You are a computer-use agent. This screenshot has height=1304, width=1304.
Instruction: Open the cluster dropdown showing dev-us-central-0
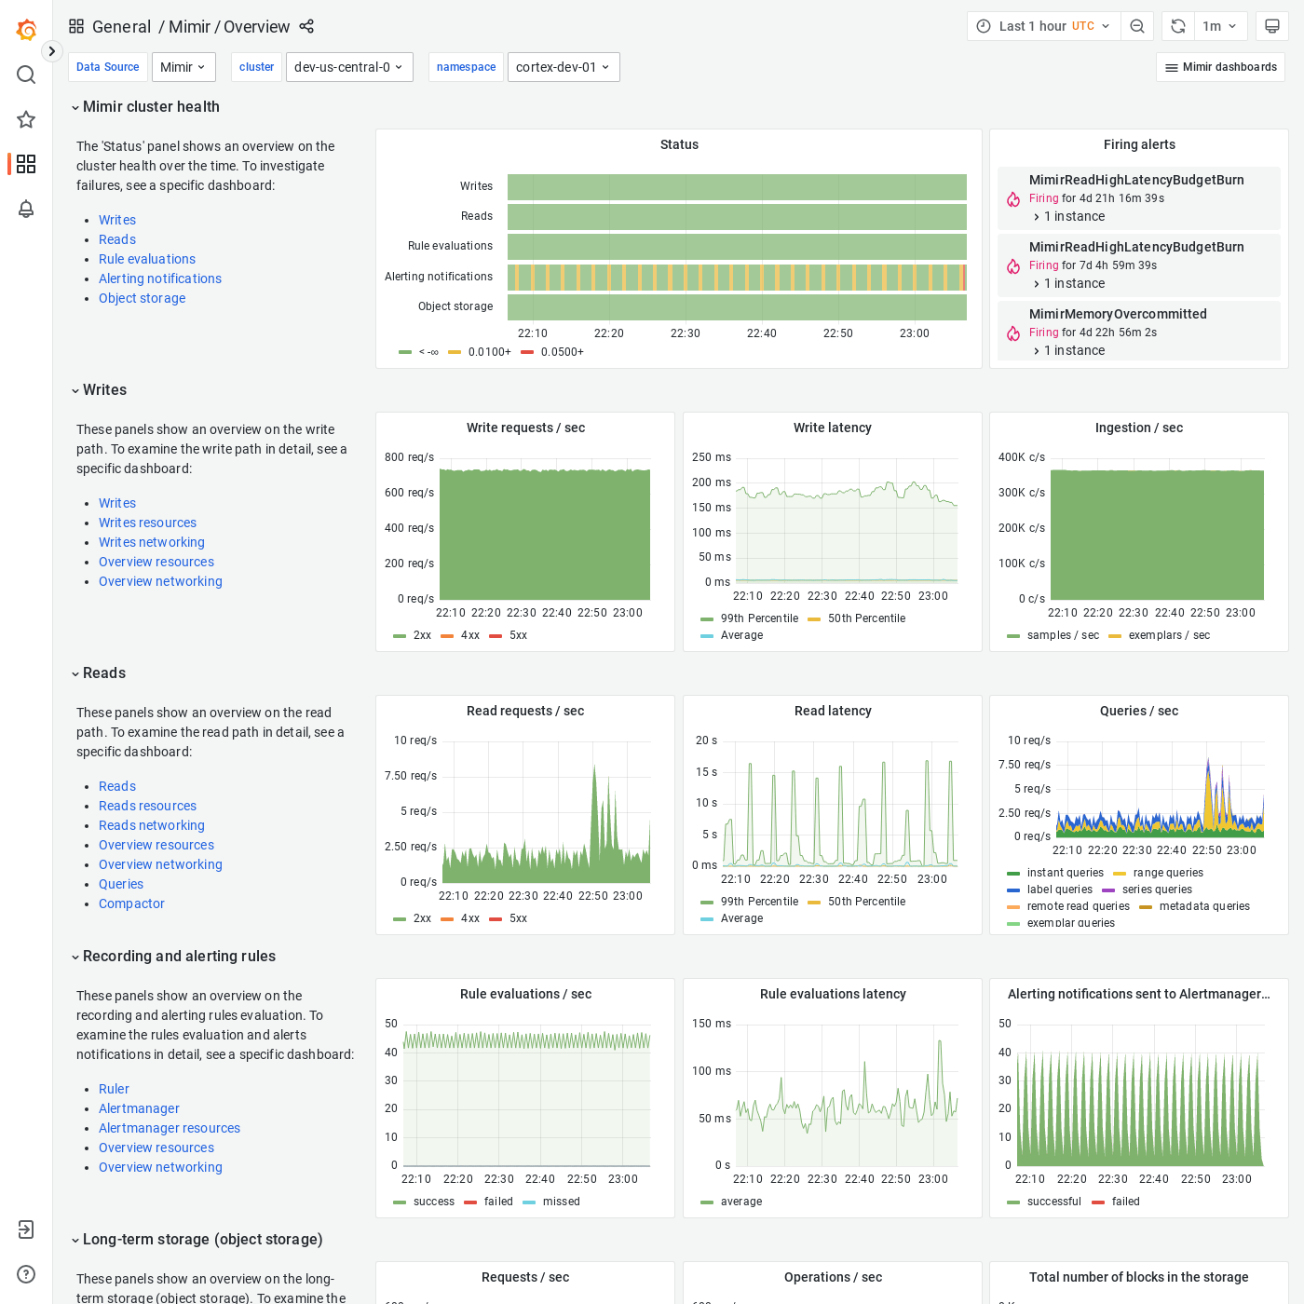(348, 67)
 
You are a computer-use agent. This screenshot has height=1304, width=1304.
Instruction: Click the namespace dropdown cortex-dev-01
(563, 67)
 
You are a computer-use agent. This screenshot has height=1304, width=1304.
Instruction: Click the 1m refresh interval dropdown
(1218, 26)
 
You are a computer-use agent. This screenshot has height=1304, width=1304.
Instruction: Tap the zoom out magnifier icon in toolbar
(1137, 26)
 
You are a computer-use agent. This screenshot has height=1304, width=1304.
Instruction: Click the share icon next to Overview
(306, 26)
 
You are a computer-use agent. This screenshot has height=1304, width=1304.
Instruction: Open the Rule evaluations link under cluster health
(147, 259)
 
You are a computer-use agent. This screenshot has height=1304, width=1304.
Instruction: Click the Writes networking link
(152, 542)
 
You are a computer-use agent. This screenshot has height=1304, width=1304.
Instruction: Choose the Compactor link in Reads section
(131, 903)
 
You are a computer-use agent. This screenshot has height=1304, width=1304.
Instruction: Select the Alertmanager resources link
(170, 1128)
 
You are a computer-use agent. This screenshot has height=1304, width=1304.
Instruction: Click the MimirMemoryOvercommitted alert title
(1118, 314)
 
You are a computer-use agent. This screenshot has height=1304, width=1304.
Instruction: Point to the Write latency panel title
(832, 428)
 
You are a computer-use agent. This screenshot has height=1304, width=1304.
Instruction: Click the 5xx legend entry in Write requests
(517, 635)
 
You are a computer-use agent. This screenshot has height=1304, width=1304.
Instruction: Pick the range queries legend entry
(1167, 873)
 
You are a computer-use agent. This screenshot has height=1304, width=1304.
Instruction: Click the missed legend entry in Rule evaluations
(561, 1202)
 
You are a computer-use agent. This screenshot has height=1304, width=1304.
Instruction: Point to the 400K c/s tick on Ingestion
(1021, 457)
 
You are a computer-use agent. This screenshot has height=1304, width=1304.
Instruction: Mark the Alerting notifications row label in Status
(439, 277)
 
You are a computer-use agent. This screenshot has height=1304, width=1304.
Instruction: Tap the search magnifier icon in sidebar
(26, 75)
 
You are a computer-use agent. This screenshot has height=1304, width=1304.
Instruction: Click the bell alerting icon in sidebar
(26, 209)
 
